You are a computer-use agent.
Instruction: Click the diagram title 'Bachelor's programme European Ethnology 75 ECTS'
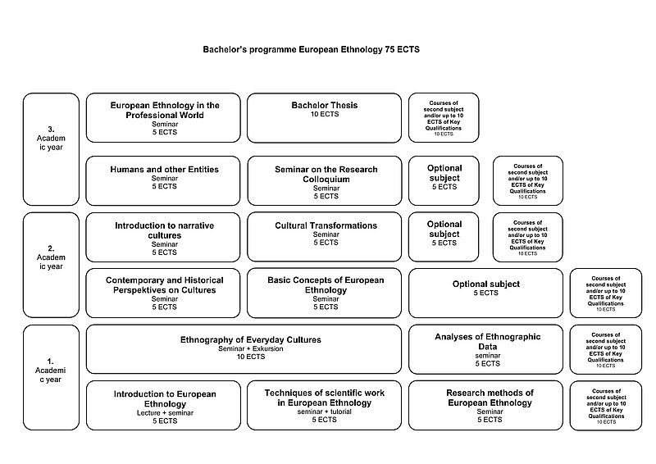point(311,50)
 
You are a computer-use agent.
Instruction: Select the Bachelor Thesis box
point(324,117)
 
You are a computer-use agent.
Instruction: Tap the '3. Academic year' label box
point(51,148)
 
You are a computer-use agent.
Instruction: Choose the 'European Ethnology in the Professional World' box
point(164,117)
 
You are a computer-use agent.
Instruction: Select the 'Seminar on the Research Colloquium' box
point(324,180)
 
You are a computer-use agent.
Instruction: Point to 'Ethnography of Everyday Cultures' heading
point(251,339)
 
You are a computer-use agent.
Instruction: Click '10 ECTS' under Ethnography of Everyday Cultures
point(251,357)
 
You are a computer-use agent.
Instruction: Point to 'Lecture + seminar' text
point(164,412)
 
